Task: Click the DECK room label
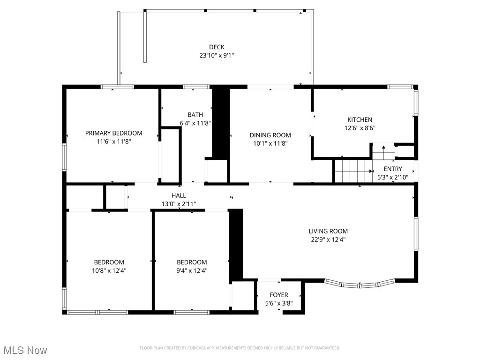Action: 217,47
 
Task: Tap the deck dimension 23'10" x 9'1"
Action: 217,55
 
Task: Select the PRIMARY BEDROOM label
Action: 113,133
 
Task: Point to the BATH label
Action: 195,115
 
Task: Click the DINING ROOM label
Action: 270,135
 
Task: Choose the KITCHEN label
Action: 360,120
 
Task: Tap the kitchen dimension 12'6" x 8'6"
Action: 360,128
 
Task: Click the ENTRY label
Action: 393,169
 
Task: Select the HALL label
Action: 179,195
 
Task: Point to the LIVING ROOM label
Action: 328,231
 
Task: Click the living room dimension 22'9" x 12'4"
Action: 328,240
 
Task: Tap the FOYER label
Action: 279,295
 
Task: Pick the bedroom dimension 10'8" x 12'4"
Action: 109,270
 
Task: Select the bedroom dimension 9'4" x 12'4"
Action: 192,270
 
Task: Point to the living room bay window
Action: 360,283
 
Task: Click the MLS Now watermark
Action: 25,350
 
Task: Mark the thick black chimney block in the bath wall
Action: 220,123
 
